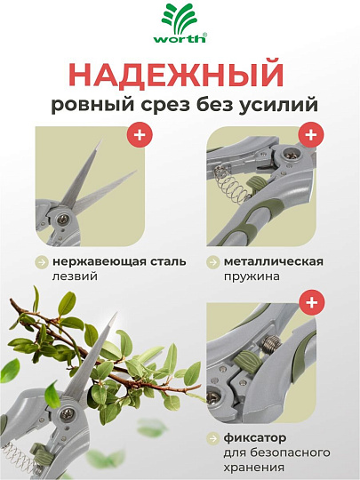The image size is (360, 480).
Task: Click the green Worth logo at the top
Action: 180,24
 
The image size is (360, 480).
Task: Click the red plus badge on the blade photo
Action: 140,136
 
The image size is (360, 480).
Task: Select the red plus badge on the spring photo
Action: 310,136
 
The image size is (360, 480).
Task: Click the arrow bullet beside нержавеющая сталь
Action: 42,262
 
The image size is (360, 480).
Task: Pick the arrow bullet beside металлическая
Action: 213,262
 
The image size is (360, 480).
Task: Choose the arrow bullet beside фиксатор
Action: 213,438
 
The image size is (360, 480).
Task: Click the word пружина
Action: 253,277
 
